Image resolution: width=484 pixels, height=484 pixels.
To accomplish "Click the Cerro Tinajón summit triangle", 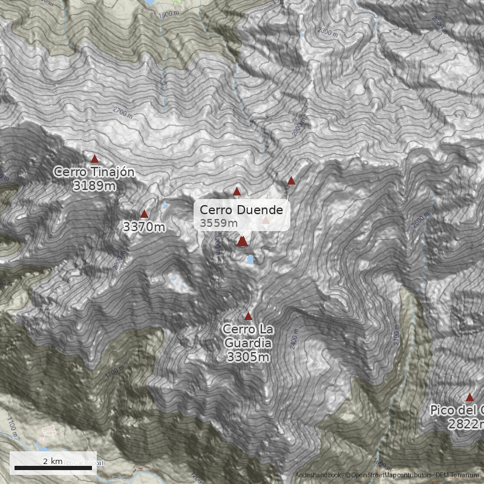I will click(94, 159).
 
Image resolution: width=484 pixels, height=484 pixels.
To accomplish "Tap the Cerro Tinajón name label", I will click(94, 172).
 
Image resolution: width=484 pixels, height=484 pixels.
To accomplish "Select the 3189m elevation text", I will click(94, 186).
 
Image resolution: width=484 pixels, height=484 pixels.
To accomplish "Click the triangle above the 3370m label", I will click(144, 214).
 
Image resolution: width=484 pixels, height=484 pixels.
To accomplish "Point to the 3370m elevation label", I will click(143, 227).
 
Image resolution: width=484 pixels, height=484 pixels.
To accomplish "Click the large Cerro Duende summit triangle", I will click(242, 241).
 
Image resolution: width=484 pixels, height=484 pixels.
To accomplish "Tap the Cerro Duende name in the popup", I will click(241, 210).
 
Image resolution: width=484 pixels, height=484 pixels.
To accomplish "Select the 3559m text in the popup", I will click(219, 223).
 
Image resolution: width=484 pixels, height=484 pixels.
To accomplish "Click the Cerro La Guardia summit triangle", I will click(248, 316).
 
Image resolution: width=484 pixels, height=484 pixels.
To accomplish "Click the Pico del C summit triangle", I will click(469, 397).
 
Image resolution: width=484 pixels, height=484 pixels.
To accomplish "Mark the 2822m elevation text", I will click(466, 424).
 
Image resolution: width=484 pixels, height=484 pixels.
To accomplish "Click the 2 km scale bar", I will click(53, 468).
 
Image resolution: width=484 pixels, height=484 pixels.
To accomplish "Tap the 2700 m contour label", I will click(123, 111).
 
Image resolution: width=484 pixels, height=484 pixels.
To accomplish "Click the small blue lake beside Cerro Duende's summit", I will click(250, 260).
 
